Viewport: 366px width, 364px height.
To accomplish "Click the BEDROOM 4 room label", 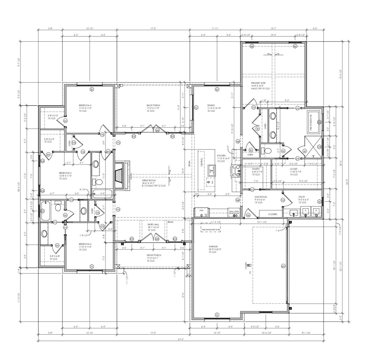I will [x=85, y=106].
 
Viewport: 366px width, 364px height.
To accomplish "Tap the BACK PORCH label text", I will [x=153, y=106].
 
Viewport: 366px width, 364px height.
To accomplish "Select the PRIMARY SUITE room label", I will [x=258, y=83].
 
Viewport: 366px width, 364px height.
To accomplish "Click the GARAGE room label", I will [x=213, y=246].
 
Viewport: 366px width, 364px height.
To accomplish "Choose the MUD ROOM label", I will [x=261, y=197].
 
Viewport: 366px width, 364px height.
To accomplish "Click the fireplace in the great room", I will [x=119, y=175].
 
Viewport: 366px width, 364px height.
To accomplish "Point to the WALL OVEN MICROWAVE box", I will [x=234, y=212].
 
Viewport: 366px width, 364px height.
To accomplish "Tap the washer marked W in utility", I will [x=316, y=210].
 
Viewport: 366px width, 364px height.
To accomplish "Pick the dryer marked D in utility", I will [x=305, y=210].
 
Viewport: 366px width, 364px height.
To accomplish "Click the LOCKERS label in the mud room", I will [x=271, y=214].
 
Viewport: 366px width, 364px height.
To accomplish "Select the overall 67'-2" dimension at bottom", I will [x=181, y=339].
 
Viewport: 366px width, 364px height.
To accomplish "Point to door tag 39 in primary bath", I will [x=257, y=129].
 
